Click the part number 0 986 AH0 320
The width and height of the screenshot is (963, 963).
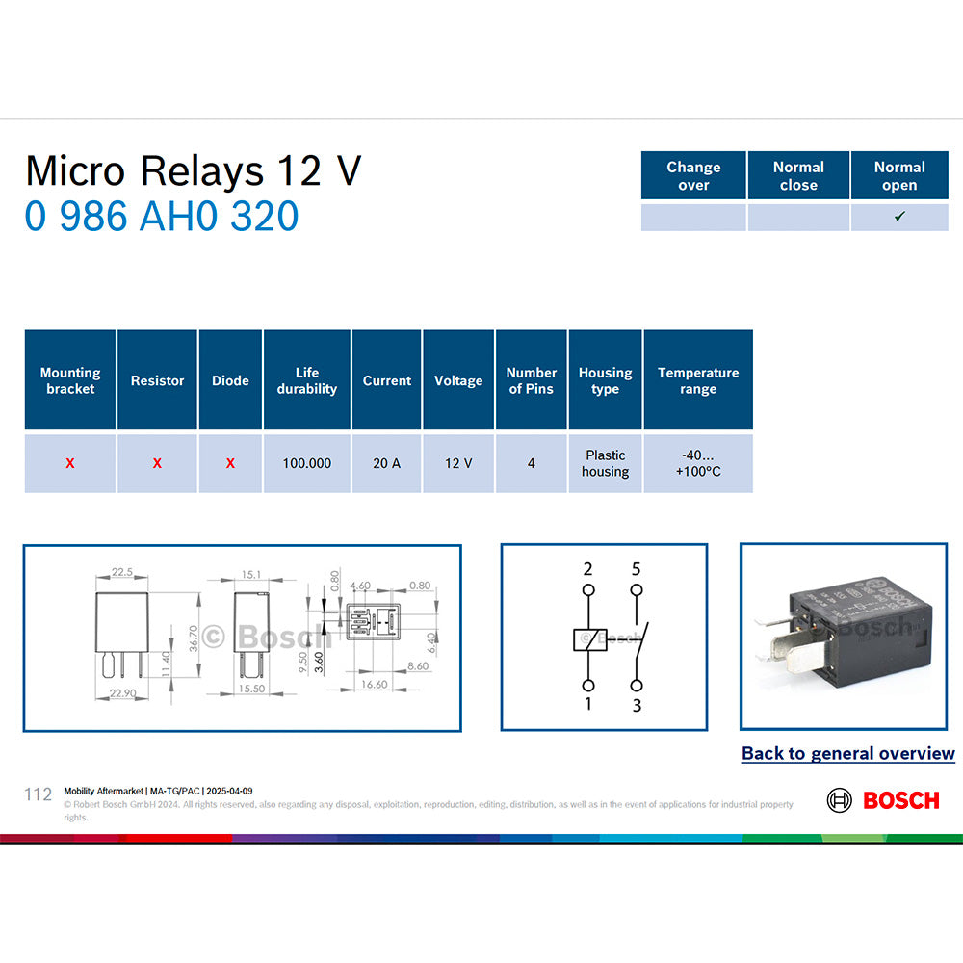[162, 217]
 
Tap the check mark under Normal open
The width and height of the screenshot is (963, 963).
[899, 217]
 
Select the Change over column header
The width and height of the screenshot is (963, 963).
[693, 175]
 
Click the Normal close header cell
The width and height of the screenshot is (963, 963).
[798, 175]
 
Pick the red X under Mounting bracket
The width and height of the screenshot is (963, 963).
[70, 463]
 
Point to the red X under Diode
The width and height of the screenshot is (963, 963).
[230, 463]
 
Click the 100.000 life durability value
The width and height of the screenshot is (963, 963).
[306, 463]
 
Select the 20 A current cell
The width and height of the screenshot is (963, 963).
[386, 463]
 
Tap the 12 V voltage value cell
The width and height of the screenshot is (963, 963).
[458, 463]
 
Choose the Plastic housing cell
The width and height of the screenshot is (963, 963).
[605, 463]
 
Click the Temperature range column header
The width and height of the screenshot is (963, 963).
[698, 380]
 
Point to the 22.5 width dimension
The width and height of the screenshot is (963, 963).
[122, 572]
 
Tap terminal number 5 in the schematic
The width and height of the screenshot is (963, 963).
[636, 569]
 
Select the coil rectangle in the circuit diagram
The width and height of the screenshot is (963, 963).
[587, 638]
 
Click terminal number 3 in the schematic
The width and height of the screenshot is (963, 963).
[637, 706]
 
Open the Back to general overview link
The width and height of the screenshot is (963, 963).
[847, 754]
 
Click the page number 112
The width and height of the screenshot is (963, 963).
[38, 794]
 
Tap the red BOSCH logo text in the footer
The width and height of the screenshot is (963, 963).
[900, 800]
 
